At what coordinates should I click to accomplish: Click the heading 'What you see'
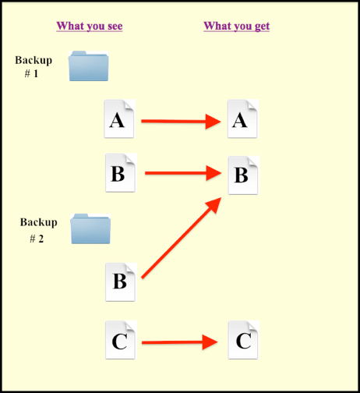coord(90,27)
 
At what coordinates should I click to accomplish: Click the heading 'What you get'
coord(237,27)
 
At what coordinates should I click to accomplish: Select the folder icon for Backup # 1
coord(89,66)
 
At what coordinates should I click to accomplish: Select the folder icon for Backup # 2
coord(90,228)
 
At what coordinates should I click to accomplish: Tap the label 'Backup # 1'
coord(34,67)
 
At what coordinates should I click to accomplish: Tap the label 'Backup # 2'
coord(39,230)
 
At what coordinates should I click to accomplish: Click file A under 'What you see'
coord(119,119)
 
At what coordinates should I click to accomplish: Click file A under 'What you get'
coord(243,119)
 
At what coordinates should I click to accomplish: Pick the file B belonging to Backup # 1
coord(121,173)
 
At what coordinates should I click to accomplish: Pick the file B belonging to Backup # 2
coord(121,282)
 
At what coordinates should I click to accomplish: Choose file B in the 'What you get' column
coord(243,175)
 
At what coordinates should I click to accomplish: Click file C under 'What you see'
coord(121,340)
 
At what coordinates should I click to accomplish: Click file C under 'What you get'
coord(243,340)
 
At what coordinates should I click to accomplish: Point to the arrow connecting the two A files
coord(181,121)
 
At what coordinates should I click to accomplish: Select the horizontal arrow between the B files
coord(183,173)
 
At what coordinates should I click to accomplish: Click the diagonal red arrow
coord(182,238)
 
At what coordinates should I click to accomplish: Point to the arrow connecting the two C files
coord(180,342)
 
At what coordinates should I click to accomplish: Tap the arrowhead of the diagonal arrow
coord(214,204)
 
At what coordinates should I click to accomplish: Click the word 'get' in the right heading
coord(262,27)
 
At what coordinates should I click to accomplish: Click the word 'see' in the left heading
coord(115,27)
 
